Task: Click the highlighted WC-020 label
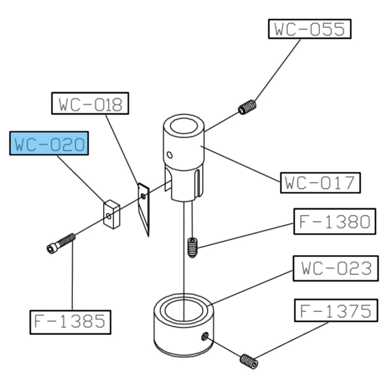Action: [x=49, y=143]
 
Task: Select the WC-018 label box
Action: [x=90, y=104]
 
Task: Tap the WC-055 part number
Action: [x=310, y=29]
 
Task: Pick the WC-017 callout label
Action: [x=320, y=183]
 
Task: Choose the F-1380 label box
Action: [x=335, y=221]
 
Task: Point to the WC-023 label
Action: [x=336, y=268]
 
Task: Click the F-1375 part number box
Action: [x=336, y=310]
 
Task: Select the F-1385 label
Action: [x=70, y=322]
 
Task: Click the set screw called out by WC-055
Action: [x=247, y=107]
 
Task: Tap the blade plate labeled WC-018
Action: [x=144, y=209]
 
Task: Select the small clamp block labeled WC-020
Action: [x=112, y=214]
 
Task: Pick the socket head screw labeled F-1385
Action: [x=61, y=244]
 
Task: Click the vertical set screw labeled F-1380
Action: [x=193, y=248]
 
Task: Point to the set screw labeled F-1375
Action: [x=249, y=361]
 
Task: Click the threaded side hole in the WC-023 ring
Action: [x=204, y=336]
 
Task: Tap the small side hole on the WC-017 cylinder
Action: [x=170, y=155]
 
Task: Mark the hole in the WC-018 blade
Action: [x=143, y=196]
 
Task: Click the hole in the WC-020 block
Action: [x=108, y=216]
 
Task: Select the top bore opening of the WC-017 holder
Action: [x=184, y=126]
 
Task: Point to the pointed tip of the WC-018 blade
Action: [x=148, y=236]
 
